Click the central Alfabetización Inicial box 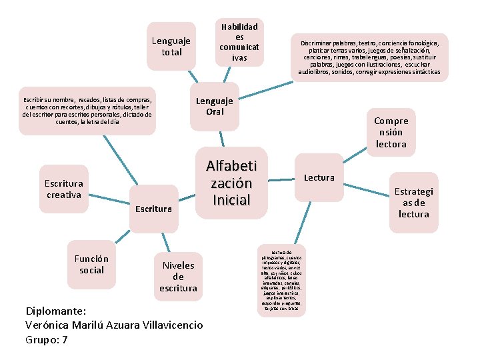232,183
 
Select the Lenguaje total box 171,46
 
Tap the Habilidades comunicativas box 239,41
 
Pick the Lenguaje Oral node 214,106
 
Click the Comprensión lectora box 391,132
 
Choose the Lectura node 319,178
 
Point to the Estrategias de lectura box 413,203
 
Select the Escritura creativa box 64,189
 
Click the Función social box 91,264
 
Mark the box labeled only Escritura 153,209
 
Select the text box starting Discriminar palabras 369,57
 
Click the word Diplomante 57,311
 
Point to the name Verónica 49,325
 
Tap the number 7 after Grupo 65,340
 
